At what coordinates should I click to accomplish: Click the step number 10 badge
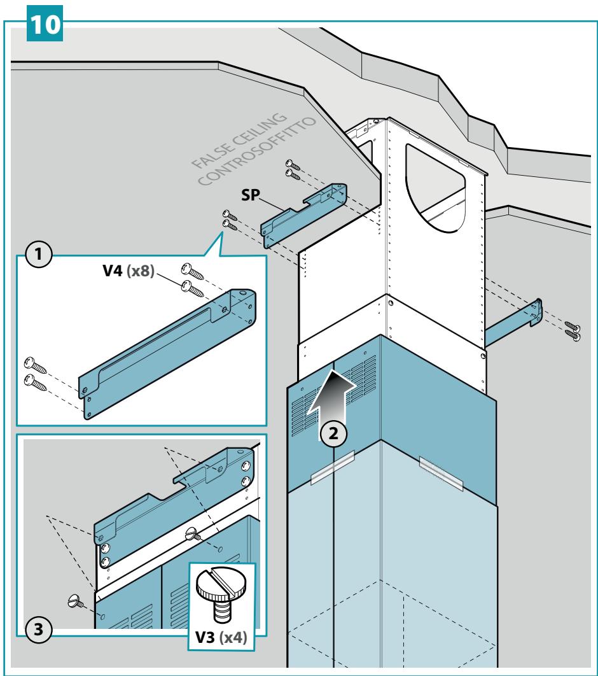click(45, 24)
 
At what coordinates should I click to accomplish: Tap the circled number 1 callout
click(38, 254)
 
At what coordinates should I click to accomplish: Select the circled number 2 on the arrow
click(333, 433)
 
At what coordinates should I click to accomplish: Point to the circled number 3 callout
click(38, 629)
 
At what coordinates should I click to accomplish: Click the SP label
click(250, 195)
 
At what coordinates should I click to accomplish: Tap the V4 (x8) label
click(129, 271)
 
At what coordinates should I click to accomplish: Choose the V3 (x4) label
click(221, 637)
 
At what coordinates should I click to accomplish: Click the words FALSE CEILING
click(239, 140)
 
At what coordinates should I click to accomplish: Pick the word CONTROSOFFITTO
click(257, 151)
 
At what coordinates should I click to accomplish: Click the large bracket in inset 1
click(168, 353)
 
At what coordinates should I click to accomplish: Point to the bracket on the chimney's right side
click(513, 323)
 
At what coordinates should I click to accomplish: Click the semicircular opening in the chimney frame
click(436, 188)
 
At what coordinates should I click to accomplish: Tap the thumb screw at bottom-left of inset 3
click(76, 601)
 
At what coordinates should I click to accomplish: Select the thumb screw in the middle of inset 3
click(192, 535)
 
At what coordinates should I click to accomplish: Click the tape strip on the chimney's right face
click(441, 474)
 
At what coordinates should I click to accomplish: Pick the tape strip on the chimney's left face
click(332, 467)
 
